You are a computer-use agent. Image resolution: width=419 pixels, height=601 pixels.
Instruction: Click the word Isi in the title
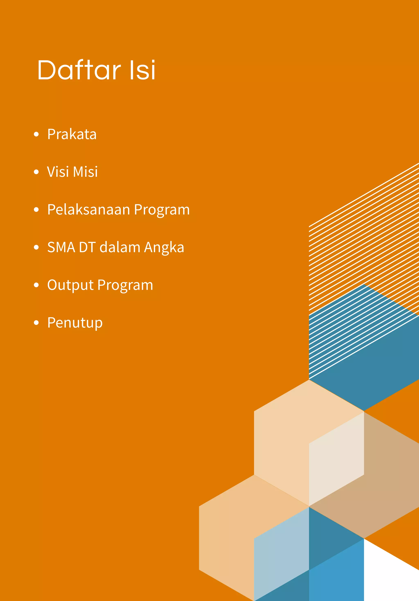[x=143, y=70]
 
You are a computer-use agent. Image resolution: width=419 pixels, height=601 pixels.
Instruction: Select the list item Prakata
[x=72, y=134]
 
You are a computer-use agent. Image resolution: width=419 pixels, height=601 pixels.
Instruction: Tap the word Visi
[x=58, y=172]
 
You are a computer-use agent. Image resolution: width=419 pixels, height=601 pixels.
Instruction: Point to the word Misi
[x=85, y=172]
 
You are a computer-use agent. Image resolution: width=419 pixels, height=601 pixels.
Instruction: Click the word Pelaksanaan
[x=89, y=210]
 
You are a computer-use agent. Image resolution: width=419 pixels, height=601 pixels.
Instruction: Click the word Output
[x=70, y=285]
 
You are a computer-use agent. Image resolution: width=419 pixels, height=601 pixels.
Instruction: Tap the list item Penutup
[x=75, y=323]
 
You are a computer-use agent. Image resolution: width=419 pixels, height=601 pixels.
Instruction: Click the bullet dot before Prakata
[x=36, y=135]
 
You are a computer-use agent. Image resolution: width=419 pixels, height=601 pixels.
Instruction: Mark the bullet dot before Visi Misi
[x=36, y=172]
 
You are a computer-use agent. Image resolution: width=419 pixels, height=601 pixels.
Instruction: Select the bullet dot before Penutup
[x=36, y=323]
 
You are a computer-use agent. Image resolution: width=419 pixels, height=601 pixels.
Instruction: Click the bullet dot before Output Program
[x=36, y=285]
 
